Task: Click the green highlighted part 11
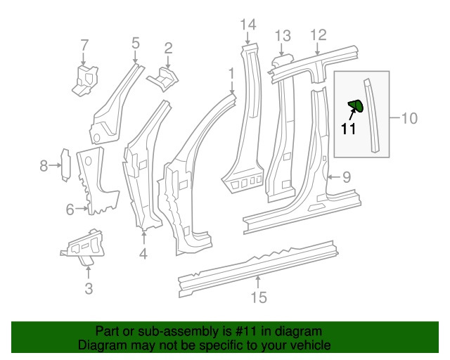tap(356, 106)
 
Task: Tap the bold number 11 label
tap(349, 129)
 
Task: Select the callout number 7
tap(84, 46)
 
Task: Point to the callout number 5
tap(136, 44)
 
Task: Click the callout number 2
tap(168, 48)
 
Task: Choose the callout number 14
tap(247, 27)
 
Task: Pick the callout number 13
tap(282, 36)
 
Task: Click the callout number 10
tap(409, 118)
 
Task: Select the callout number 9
tap(345, 176)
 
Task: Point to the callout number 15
tap(259, 298)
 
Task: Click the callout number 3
tap(88, 288)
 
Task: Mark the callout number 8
tap(44, 166)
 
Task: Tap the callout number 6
tap(70, 209)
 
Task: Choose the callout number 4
tap(143, 253)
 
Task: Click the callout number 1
tap(231, 72)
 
